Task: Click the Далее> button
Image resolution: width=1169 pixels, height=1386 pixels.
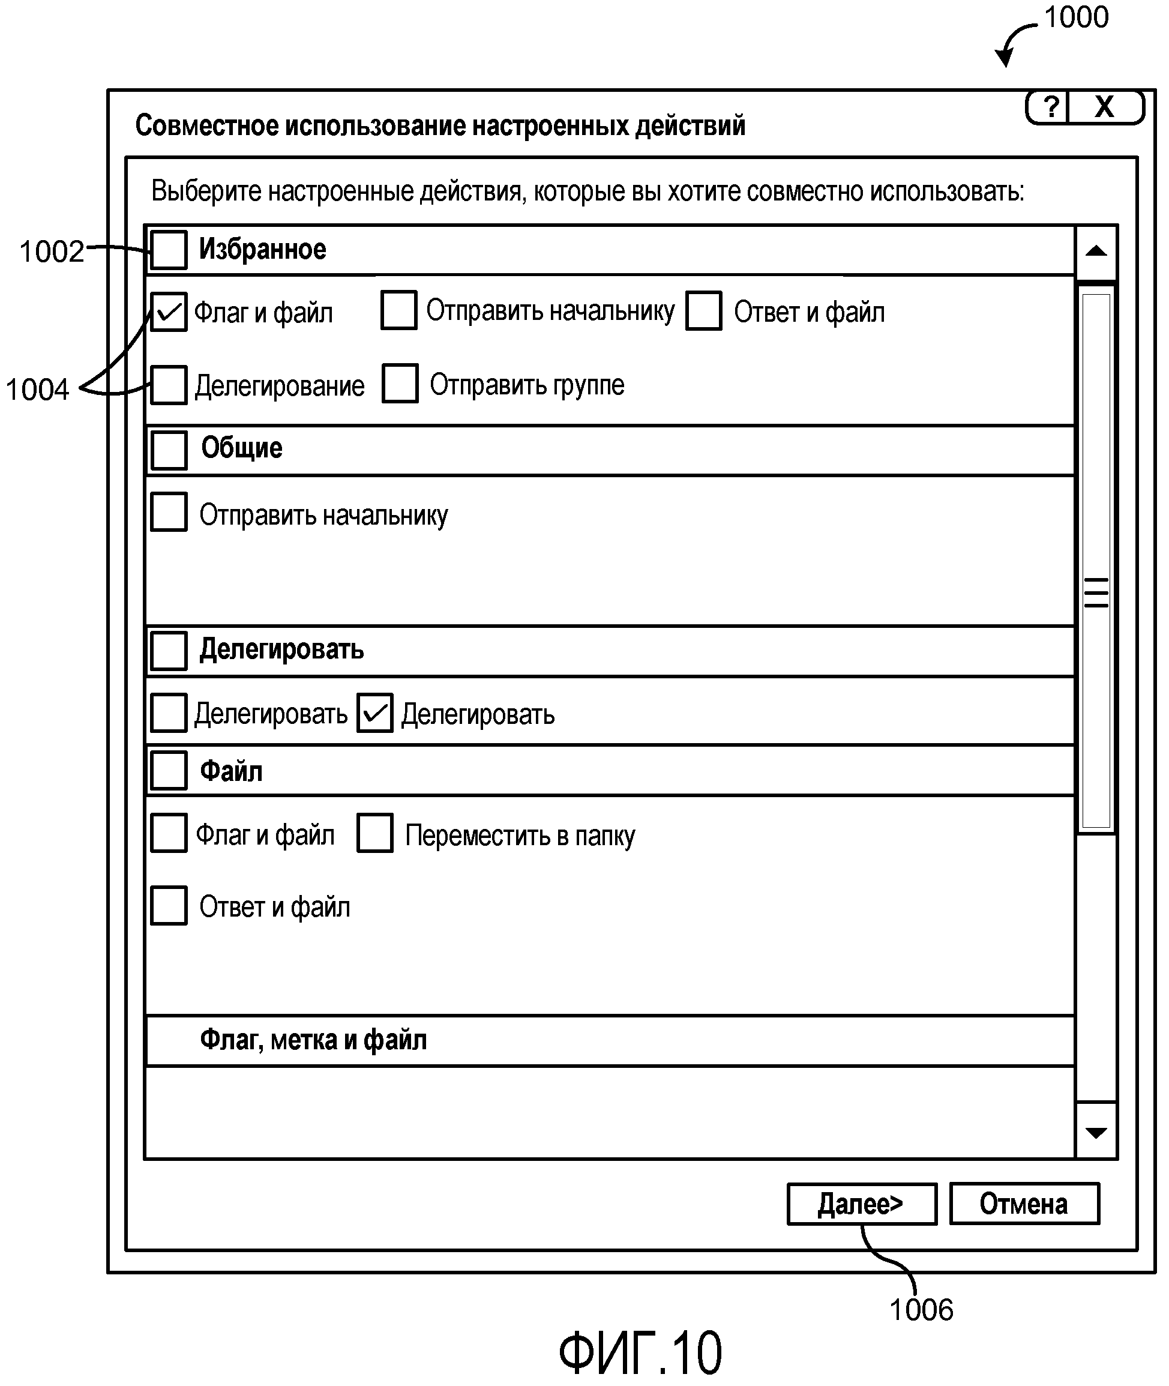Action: [x=861, y=1204]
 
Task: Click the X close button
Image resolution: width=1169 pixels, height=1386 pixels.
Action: [x=1104, y=107]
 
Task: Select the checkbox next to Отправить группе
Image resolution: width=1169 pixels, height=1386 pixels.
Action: [x=400, y=383]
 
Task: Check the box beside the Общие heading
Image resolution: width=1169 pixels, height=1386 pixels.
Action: [x=169, y=450]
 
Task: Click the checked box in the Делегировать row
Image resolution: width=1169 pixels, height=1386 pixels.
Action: [x=375, y=713]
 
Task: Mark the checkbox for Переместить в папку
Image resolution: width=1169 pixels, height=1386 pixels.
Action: [x=375, y=833]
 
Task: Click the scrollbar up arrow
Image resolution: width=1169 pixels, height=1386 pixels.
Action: [x=1096, y=252]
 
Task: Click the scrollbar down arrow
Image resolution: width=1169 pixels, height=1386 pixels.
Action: [x=1096, y=1133]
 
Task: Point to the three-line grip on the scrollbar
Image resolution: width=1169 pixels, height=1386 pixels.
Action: [x=1096, y=592]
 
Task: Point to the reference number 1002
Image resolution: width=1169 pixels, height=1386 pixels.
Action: [x=52, y=252]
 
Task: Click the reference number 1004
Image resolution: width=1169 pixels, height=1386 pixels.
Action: [x=37, y=390]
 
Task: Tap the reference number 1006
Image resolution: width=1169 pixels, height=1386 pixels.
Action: [x=921, y=1310]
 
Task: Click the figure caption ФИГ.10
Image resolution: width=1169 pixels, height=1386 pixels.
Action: [x=640, y=1353]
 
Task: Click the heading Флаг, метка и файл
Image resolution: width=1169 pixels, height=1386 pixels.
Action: [x=313, y=1040]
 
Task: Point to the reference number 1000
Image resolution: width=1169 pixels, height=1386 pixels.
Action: [x=1075, y=17]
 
